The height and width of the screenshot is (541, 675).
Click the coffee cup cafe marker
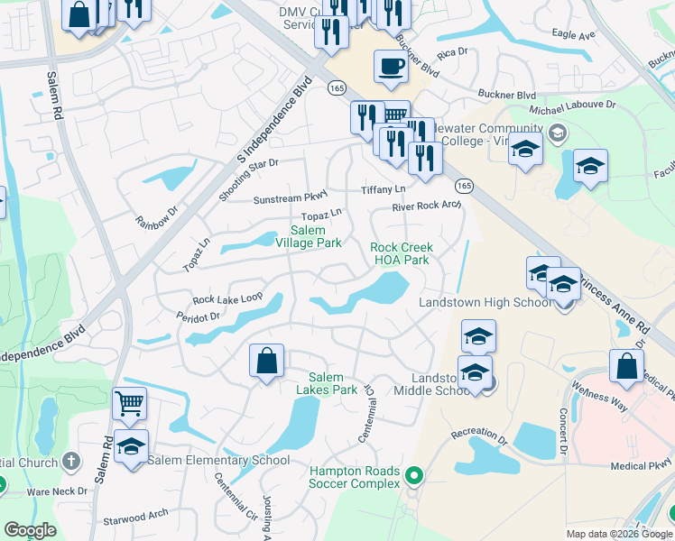390,68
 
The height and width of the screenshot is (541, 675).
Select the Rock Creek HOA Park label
402,253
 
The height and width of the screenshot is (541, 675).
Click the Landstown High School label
485,302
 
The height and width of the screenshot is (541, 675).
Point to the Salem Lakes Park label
326,383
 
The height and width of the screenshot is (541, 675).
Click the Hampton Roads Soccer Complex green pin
414,473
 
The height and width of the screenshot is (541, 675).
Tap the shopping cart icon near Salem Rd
130,404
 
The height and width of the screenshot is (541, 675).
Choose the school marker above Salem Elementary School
132,447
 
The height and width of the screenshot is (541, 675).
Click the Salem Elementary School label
219,460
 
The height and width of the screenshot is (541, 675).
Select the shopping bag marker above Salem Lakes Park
267,362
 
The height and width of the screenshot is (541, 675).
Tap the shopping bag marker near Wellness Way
626,366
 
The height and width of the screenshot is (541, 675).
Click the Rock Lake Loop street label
227,298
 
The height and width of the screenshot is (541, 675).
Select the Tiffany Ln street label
384,189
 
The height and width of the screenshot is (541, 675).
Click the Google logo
30,530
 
